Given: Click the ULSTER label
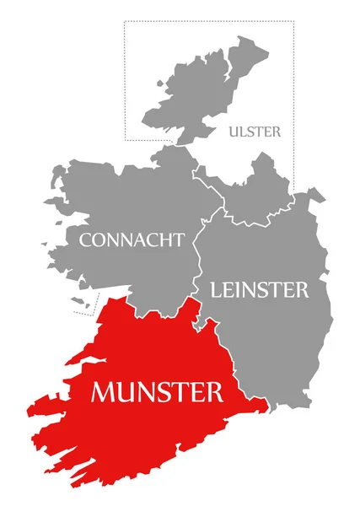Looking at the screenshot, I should click(255, 132).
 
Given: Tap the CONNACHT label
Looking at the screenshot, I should click(132, 240).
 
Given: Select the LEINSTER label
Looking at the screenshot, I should click(259, 290).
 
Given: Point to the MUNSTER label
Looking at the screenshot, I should click(158, 392).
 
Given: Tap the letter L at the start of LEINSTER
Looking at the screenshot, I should click(216, 290).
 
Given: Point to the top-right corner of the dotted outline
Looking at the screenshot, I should click(294, 21).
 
